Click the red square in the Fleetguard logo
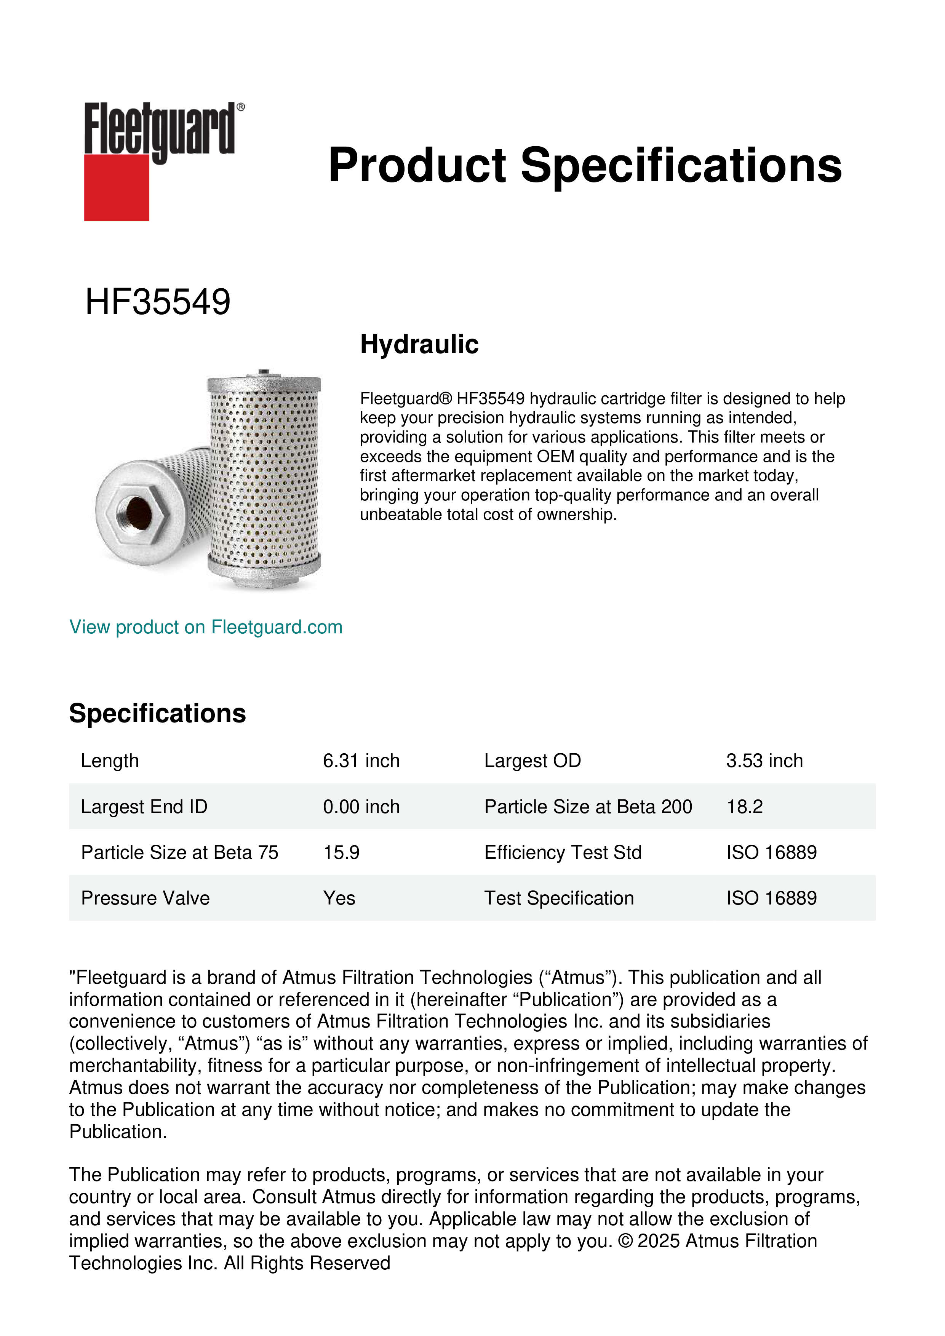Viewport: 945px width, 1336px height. [x=117, y=187]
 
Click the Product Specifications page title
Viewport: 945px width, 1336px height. [x=585, y=165]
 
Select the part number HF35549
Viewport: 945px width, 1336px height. [x=158, y=302]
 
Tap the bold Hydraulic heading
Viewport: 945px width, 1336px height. [x=419, y=344]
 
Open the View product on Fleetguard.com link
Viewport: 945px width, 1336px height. [x=205, y=627]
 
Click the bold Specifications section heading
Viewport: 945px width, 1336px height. [x=157, y=713]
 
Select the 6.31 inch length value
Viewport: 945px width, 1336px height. [x=361, y=761]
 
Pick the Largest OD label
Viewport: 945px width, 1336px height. [x=532, y=761]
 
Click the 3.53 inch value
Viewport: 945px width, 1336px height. [x=764, y=761]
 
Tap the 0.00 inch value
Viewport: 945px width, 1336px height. [x=361, y=807]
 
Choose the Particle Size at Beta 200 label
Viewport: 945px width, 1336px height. [x=588, y=807]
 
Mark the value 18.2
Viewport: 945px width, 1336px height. [x=744, y=807]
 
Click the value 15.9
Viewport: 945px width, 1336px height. [x=341, y=852]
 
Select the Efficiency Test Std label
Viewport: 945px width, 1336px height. [x=563, y=852]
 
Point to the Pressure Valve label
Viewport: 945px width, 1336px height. [x=145, y=898]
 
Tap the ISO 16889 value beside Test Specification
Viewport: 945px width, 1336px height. [x=771, y=898]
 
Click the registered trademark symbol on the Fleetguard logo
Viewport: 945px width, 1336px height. [x=241, y=107]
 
